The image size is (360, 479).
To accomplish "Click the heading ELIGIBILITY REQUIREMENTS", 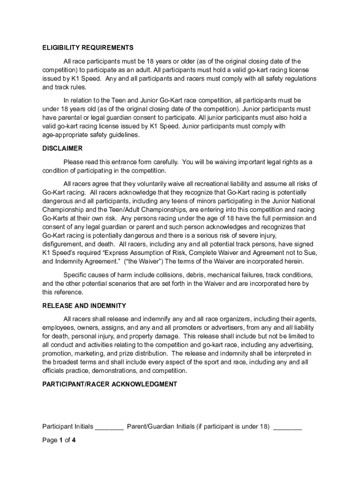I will tap(88, 48).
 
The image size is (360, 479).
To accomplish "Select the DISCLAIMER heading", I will tap(63, 148).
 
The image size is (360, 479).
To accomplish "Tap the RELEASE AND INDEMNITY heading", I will tap(84, 305).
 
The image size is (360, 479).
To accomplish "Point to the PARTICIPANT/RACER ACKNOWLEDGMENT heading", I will tap(110, 384).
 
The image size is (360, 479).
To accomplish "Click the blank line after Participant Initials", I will tap(109, 427).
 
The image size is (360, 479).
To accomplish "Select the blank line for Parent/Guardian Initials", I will tap(288, 427).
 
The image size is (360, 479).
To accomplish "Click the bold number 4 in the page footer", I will tap(74, 440).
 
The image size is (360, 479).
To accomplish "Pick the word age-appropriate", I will tap(67, 135).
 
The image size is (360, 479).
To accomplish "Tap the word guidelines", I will tap(125, 135).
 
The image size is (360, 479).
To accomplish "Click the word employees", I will tap(58, 327).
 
